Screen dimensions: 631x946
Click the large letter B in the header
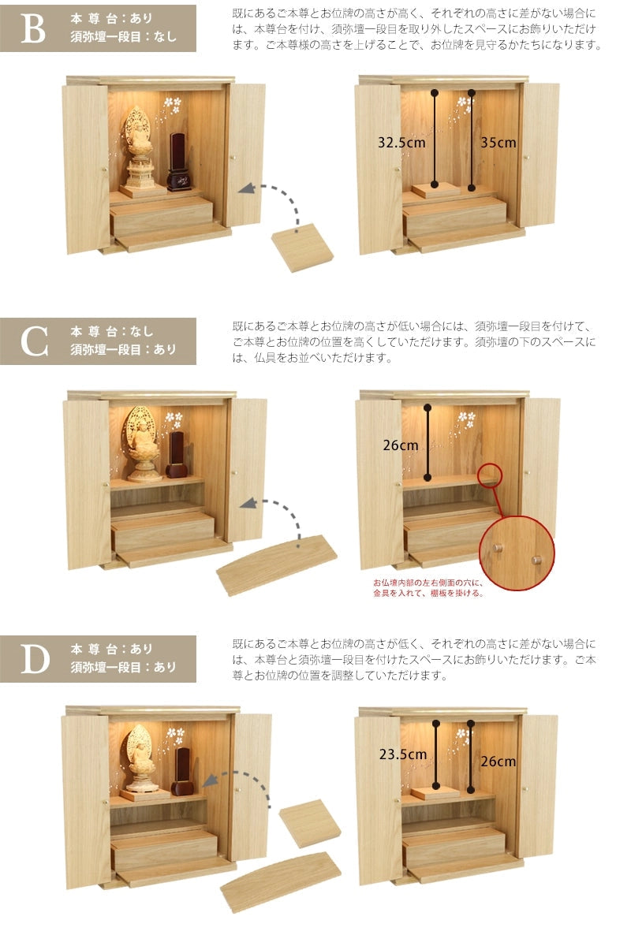pos(33,28)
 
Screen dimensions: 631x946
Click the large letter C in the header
pos(34,341)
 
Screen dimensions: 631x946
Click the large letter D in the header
pos(35,659)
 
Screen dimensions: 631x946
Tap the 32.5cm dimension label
pos(401,143)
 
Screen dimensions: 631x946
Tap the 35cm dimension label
pos(498,143)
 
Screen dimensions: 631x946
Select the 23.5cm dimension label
pos(403,754)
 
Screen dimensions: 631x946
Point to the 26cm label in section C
pos(400,445)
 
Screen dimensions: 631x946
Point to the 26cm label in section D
pos(498,762)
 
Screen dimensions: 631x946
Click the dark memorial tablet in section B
pos(178,162)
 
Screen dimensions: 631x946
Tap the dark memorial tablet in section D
pos(182,772)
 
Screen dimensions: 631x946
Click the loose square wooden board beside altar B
pos(302,248)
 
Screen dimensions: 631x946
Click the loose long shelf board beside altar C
pos(277,564)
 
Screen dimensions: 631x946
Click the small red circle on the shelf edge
pos(489,475)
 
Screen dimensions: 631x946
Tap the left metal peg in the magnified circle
pos(497,548)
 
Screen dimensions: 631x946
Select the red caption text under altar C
pos(428,588)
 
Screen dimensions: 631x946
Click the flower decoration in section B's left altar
pos(173,105)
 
